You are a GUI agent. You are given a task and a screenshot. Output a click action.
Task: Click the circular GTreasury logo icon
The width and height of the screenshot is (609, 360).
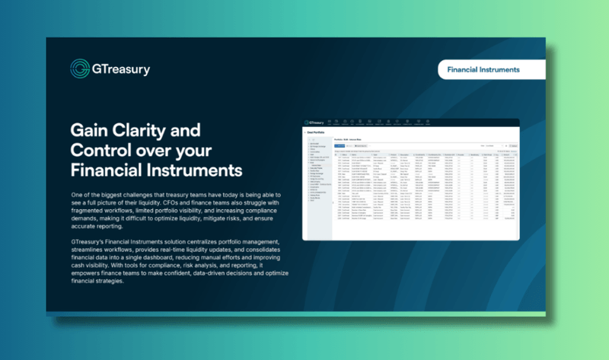click(80, 69)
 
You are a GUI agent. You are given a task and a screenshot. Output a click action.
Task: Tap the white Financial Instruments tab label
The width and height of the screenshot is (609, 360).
click(483, 69)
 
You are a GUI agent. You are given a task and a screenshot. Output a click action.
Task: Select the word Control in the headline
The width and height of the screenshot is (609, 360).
click(99, 148)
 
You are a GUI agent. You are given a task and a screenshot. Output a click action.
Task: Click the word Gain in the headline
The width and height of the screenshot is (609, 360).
click(90, 129)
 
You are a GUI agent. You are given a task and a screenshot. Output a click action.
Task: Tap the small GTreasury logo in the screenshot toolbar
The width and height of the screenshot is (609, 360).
click(320, 122)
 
